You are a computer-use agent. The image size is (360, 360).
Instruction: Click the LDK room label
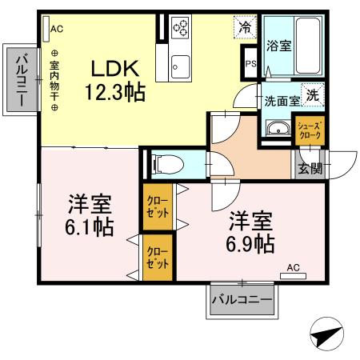pos(115,69)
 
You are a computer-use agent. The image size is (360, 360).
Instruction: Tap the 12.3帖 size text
pos(115,92)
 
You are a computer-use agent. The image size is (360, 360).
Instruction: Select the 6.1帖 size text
pos(90,227)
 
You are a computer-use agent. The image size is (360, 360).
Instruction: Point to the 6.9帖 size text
pos(250,243)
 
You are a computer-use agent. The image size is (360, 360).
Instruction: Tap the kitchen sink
pos(181,67)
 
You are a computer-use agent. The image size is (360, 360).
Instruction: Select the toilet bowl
pos(167,164)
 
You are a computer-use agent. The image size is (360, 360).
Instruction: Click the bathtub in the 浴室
pos(308,46)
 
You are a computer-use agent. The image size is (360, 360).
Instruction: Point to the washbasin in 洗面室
pos(278,129)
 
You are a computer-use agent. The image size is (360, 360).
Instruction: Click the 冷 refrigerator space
pos(245,27)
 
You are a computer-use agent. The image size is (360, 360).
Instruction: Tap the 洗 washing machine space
pos(313,95)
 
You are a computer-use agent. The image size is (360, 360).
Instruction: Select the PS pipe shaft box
pos(250,63)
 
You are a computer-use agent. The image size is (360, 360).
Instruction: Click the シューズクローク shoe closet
pos(310,130)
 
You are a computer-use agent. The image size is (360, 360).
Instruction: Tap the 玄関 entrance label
pos(310,168)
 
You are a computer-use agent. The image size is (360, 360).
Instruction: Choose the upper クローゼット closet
pos(158,207)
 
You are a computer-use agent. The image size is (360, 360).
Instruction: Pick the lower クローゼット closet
pos(158,258)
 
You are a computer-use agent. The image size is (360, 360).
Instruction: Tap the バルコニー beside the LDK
pos(22,79)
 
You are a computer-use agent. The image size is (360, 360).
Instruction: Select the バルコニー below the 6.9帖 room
pos(242,300)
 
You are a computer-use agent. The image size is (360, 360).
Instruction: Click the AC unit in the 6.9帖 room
pos(293,276)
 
